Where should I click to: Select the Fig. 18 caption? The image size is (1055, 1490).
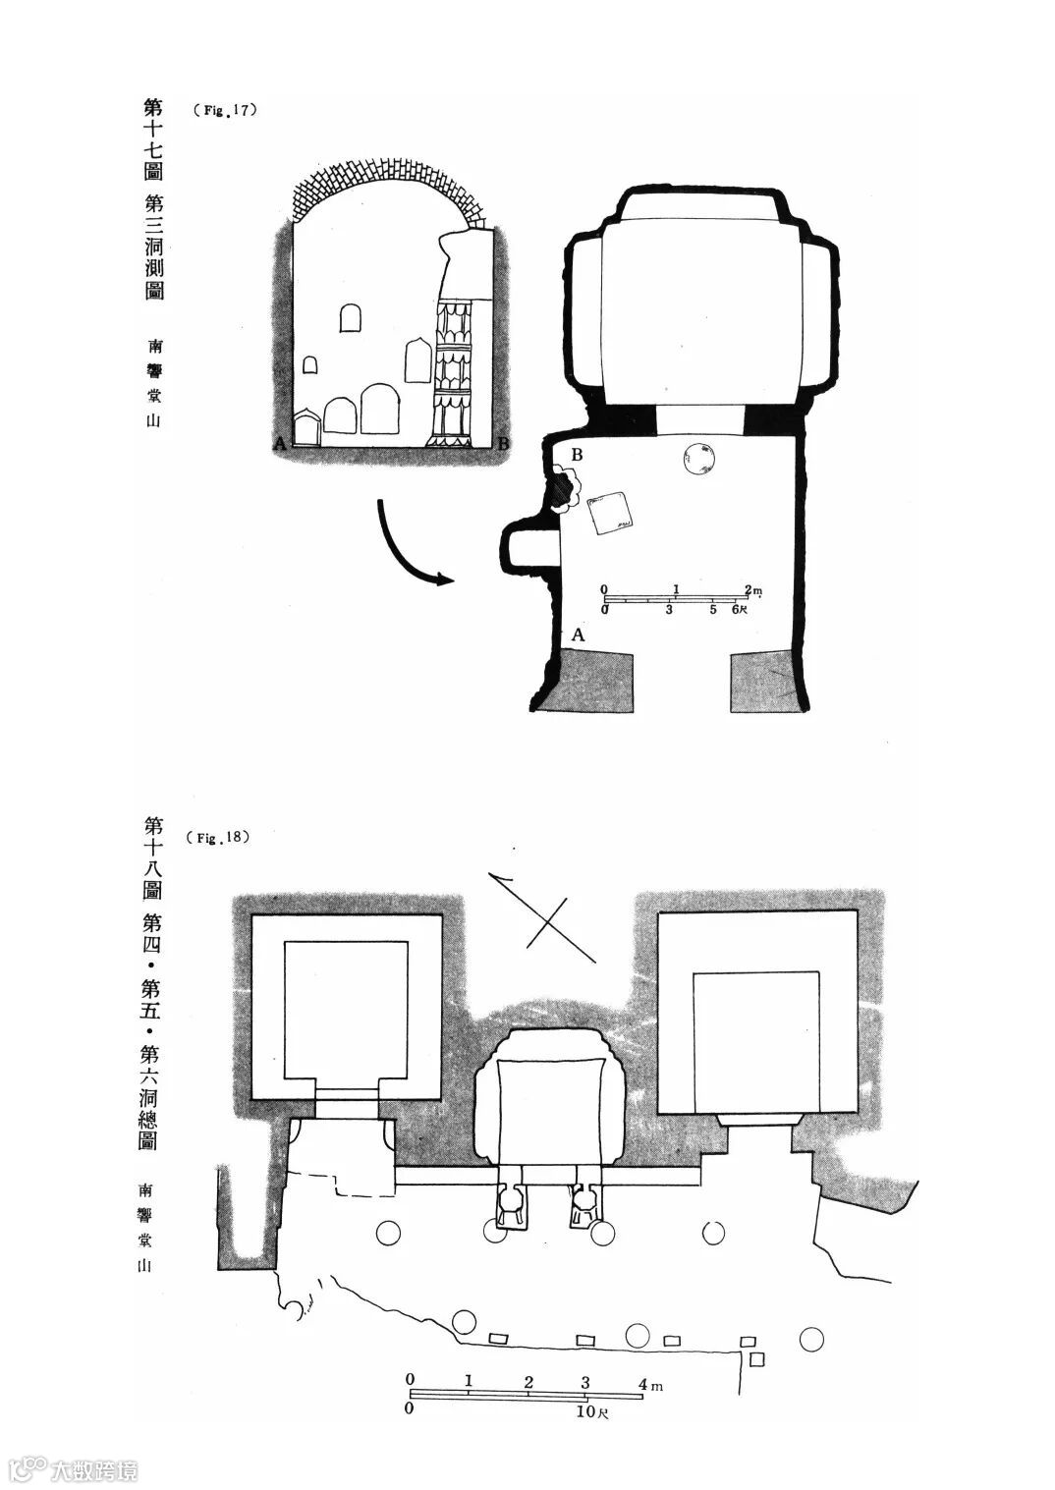[x=218, y=838]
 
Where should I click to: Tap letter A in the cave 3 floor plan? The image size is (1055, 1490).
[x=579, y=635]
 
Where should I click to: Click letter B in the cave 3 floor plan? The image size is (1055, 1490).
[x=578, y=455]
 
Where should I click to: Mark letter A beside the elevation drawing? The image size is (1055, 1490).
[x=280, y=444]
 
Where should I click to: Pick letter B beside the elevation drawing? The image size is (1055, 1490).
[x=503, y=444]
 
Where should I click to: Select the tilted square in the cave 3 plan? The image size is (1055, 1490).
[x=609, y=514]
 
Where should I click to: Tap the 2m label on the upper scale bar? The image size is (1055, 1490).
[x=752, y=589]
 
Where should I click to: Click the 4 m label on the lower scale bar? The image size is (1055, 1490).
[x=650, y=1385]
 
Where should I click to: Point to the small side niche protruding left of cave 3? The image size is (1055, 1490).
[x=528, y=546]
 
